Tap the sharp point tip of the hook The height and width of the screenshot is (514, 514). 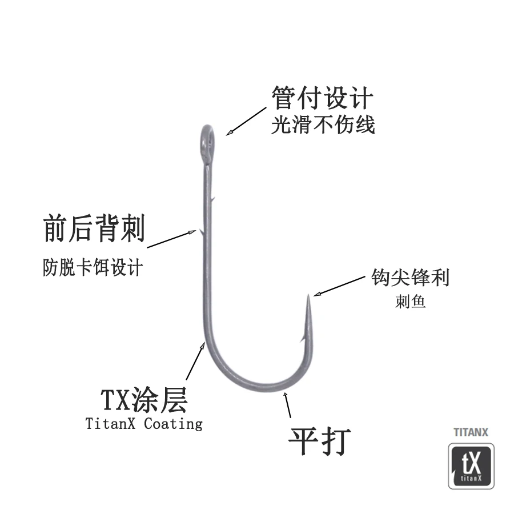(x=308, y=295)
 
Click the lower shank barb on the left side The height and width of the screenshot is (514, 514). (x=200, y=232)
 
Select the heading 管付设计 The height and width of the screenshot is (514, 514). (x=322, y=97)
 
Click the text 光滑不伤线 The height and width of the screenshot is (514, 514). (x=323, y=125)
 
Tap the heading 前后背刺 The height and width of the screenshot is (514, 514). (x=94, y=228)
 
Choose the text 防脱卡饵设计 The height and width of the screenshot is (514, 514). (x=93, y=267)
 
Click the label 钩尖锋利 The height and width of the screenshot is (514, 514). (x=410, y=278)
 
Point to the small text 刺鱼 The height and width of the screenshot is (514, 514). (x=410, y=302)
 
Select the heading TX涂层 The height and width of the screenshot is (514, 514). (x=144, y=400)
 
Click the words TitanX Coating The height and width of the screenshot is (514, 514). (x=144, y=424)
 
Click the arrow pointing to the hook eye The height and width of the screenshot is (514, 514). (x=246, y=121)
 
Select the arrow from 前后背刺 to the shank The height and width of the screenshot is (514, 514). (x=171, y=239)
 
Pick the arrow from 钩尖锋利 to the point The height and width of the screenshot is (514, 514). (x=339, y=286)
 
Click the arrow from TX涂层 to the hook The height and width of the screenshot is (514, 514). (x=195, y=361)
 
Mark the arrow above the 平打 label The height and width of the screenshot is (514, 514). (x=287, y=404)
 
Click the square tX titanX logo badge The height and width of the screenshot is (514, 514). (x=471, y=466)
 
